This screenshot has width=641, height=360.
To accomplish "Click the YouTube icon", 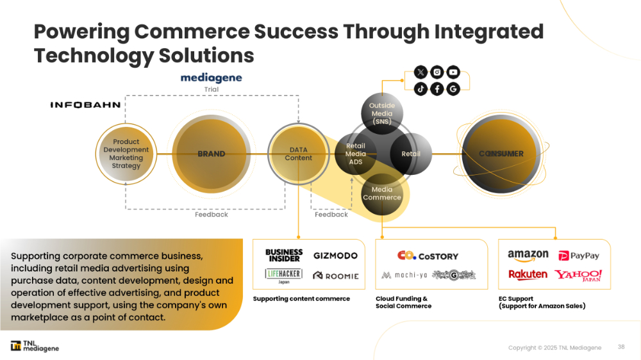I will [453, 72].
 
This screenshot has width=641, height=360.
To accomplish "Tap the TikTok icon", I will [420, 89].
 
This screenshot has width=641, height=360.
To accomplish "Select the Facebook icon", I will [437, 89].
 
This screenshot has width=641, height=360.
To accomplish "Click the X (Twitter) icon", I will [420, 72].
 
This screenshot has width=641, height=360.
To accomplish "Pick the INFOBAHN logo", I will [85, 104].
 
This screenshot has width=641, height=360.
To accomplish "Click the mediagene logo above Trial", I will [211, 78].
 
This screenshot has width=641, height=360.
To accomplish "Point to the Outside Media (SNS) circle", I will [382, 113].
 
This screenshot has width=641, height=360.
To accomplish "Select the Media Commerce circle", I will [382, 193].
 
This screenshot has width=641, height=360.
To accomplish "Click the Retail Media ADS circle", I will [356, 154].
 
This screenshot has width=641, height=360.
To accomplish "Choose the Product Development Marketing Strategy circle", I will [126, 154].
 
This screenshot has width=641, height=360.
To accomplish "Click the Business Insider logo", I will [283, 256].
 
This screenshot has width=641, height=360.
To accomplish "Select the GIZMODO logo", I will [335, 256].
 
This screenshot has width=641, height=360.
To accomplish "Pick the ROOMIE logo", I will [335, 276].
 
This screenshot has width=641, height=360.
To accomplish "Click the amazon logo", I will [528, 255].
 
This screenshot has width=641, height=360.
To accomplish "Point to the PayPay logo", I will [579, 256].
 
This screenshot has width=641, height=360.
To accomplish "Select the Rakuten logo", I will [528, 275].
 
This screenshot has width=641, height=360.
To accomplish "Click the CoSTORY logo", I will [428, 256].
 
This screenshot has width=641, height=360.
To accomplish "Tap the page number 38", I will [621, 347].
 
